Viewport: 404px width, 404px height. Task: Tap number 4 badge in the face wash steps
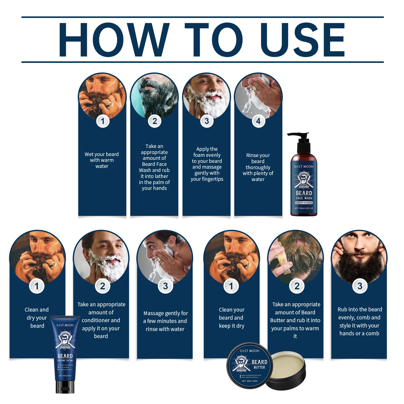pyautogui.click(x=258, y=121)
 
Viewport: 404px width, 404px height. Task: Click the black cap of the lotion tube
pyautogui.click(x=65, y=387)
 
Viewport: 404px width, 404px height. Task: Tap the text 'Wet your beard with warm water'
pyautogui.click(x=102, y=160)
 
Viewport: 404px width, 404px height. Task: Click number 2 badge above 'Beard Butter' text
pyautogui.click(x=297, y=286)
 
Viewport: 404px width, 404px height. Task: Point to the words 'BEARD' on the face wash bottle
pyautogui.click(x=304, y=193)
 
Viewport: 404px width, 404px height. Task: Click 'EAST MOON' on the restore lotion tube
pyautogui.click(x=65, y=325)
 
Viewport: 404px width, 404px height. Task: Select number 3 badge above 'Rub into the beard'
pyautogui.click(x=360, y=286)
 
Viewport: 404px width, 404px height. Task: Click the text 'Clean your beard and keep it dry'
pyautogui.click(x=231, y=318)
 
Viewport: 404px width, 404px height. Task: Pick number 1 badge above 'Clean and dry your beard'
pyautogui.click(x=37, y=286)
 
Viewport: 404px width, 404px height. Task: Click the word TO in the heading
pyautogui.click(x=213, y=40)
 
